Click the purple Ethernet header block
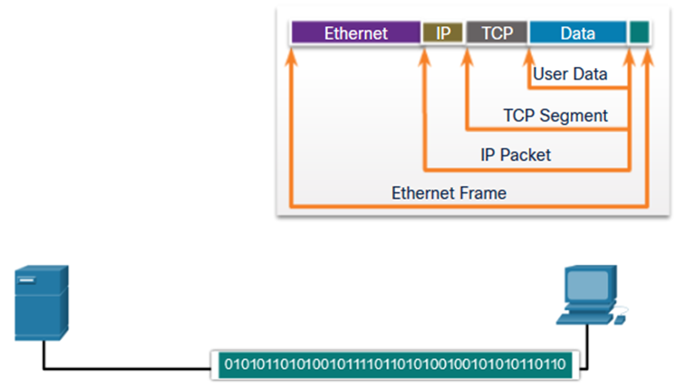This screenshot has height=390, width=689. (x=356, y=33)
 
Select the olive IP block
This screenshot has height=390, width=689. (x=443, y=33)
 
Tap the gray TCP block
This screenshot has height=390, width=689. (x=496, y=33)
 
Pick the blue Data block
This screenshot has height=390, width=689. (x=577, y=33)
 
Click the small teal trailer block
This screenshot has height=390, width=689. (x=639, y=33)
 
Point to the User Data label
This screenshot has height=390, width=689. (x=570, y=74)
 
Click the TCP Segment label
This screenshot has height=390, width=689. (x=556, y=115)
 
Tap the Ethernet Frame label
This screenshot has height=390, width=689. (x=449, y=193)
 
